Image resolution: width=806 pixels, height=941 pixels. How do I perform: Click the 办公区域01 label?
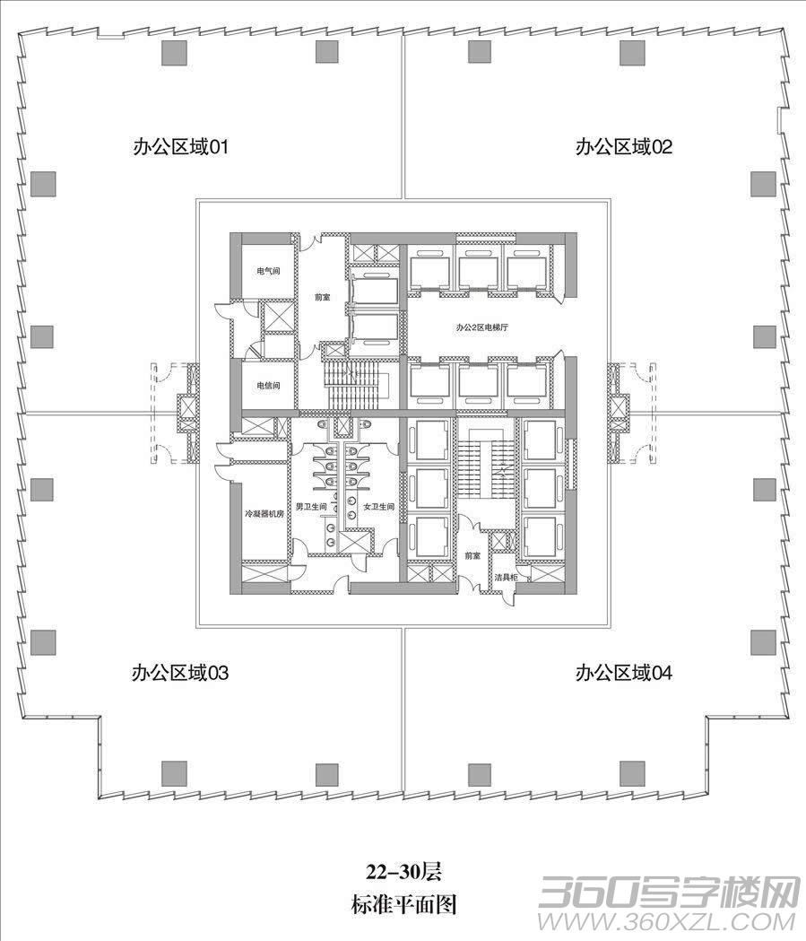(x=180, y=147)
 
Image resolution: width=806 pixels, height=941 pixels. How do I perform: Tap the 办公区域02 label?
(x=624, y=147)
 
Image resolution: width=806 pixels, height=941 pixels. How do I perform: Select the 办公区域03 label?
(x=180, y=673)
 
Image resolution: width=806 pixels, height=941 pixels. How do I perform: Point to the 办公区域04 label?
(x=624, y=673)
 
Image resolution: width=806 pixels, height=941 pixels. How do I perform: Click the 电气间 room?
(x=267, y=271)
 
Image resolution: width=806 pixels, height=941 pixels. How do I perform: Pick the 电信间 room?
(x=267, y=386)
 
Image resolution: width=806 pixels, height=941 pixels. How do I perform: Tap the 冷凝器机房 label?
(x=264, y=514)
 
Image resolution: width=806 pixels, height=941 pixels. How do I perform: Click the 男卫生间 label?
(x=310, y=507)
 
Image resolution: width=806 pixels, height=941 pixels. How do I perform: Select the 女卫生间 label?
(x=378, y=507)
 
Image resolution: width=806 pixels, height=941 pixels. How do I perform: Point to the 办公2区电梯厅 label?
(x=481, y=327)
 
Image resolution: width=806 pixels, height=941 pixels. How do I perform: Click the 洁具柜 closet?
(x=506, y=578)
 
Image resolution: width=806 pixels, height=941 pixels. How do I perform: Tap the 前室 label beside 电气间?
(x=322, y=297)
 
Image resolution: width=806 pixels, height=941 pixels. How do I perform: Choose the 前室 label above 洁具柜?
(x=472, y=555)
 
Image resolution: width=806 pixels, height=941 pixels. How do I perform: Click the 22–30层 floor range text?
(x=404, y=871)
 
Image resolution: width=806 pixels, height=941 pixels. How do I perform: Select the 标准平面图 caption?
(x=404, y=904)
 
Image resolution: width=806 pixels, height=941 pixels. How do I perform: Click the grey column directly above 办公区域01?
(x=175, y=52)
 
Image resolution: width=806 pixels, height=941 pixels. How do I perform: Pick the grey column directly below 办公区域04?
(x=632, y=774)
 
